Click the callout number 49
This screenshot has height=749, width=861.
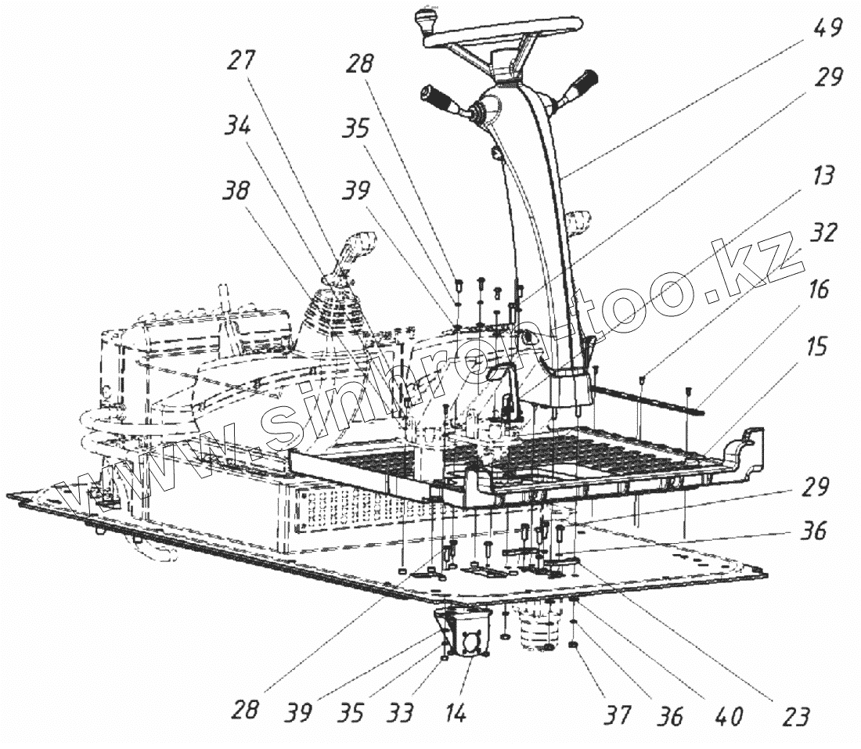click(827, 29)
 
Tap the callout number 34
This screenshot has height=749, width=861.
click(238, 124)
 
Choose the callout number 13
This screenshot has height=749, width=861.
click(823, 176)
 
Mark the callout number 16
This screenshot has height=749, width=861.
click(819, 290)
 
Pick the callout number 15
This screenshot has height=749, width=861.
click(816, 345)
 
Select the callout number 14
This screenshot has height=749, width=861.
click(457, 714)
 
